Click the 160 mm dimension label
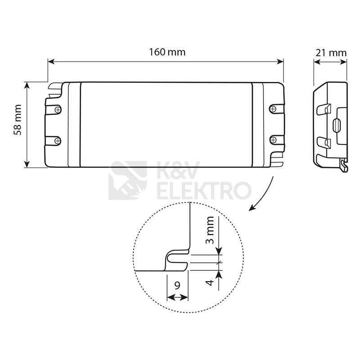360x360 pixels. pyautogui.click(x=167, y=52)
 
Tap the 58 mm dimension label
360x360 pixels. pyautogui.click(x=18, y=120)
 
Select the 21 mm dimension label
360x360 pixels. pyautogui.click(x=331, y=53)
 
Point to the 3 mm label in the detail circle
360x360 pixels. pyautogui.click(x=210, y=230)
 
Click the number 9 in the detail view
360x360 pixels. pyautogui.click(x=177, y=286)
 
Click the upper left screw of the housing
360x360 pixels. pyautogui.click(x=58, y=110)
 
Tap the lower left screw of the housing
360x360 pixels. pyautogui.click(x=58, y=140)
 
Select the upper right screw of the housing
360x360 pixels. pyautogui.click(x=273, y=108)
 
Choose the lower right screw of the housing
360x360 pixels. pyautogui.click(x=273, y=139)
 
